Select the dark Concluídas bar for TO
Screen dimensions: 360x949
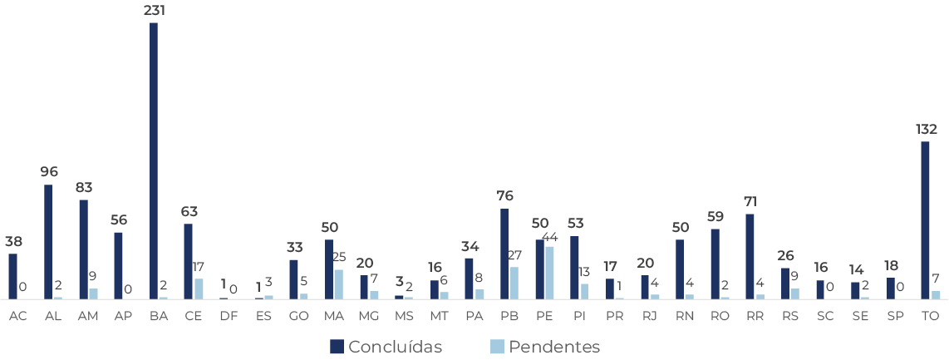925,220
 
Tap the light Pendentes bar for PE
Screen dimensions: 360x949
549,273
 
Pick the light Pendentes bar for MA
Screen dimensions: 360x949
338,284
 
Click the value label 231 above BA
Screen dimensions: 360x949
155,11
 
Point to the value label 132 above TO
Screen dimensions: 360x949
926,129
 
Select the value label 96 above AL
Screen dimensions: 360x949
49,172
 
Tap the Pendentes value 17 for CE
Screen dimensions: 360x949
198,267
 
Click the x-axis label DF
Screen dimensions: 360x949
228,316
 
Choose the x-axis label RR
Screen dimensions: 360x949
755,316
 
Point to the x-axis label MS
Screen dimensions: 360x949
404,316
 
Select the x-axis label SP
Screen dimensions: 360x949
895,316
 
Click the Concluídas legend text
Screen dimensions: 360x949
395,347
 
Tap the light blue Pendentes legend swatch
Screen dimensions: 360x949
497,347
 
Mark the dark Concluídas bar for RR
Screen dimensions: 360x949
750,257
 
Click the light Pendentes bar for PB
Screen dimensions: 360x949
514,283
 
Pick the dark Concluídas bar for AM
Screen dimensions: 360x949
84,249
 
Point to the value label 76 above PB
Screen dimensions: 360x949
504,196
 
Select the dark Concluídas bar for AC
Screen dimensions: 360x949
13,276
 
